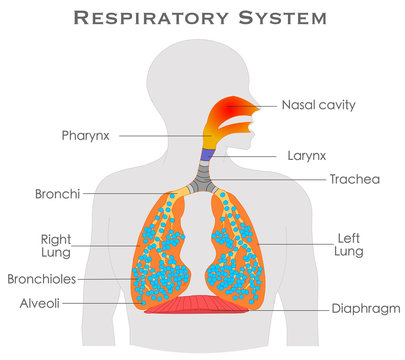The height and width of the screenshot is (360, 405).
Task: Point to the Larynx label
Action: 306,157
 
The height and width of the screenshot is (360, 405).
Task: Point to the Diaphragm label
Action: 366,308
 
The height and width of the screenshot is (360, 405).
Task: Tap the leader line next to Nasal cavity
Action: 268,104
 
